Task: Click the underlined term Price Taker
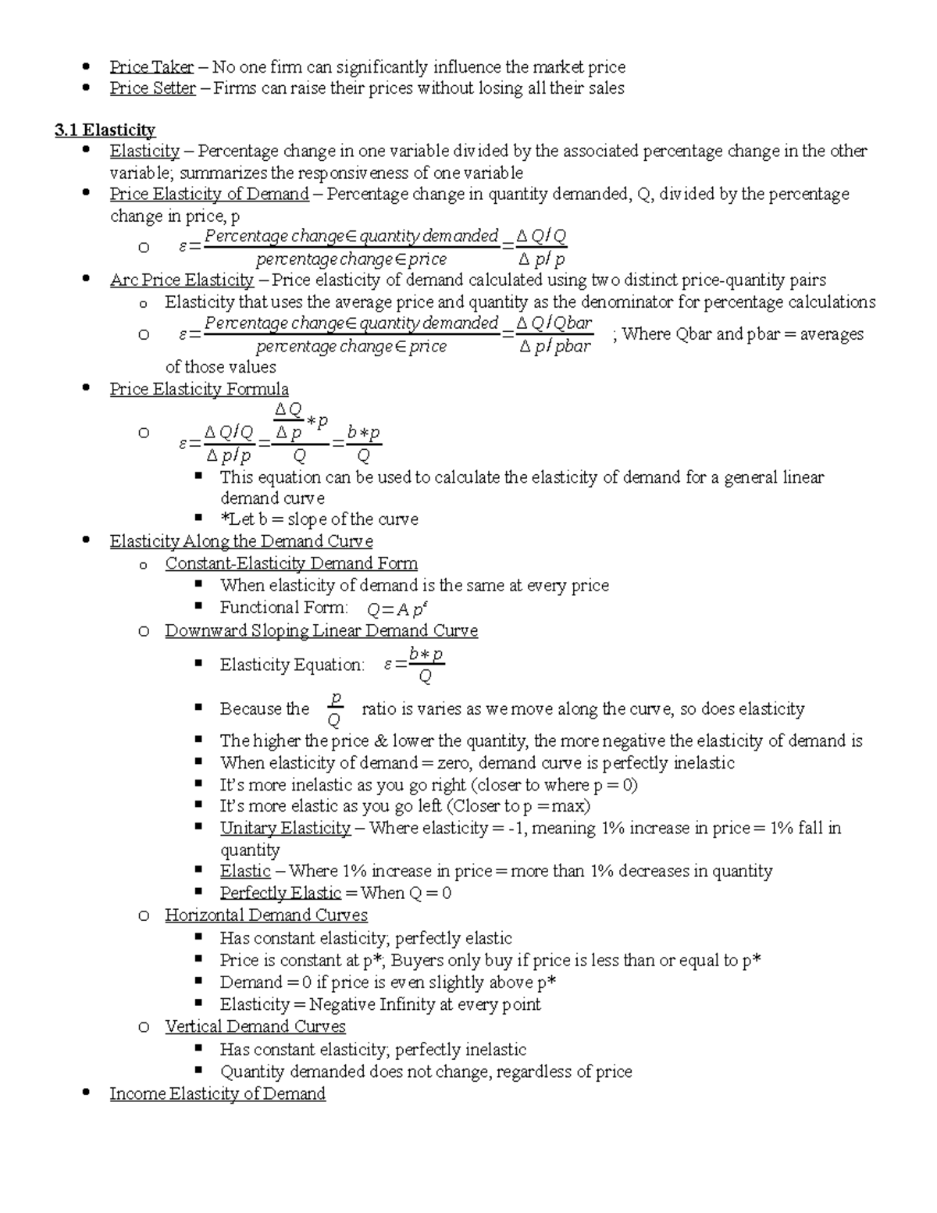(151, 67)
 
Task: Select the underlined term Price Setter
(152, 88)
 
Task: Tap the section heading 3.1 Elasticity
(105, 130)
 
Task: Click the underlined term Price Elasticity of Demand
(209, 194)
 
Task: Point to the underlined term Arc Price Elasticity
(181, 280)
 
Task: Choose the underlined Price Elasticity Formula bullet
(199, 389)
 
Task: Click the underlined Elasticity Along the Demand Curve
(241, 541)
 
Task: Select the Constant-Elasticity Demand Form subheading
(290, 563)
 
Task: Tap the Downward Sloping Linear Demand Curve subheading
(321, 630)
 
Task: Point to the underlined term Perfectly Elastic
(280, 893)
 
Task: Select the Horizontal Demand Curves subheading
(265, 915)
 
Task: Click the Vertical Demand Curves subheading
(255, 1026)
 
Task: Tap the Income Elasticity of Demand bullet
(217, 1093)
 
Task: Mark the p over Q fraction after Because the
(335, 708)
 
